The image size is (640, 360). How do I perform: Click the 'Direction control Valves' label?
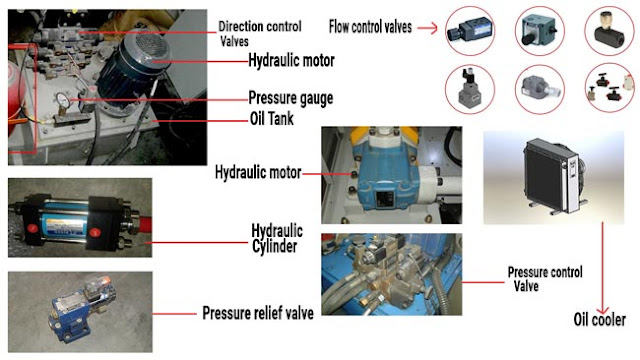(x=260, y=33)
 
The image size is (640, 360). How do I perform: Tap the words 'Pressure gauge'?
(x=291, y=98)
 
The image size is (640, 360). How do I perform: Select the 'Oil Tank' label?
(x=271, y=119)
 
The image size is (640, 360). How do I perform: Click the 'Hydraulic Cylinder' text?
(x=277, y=238)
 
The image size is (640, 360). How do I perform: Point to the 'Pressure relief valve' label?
(x=258, y=313)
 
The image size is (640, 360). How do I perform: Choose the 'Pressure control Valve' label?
(x=545, y=279)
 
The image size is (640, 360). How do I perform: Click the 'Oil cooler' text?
(x=599, y=320)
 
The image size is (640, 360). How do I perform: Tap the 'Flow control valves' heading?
(x=370, y=27)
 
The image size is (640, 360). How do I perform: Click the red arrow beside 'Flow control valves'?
(x=427, y=28)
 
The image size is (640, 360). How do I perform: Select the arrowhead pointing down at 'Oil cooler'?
(x=603, y=310)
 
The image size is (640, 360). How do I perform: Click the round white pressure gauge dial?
(x=62, y=100)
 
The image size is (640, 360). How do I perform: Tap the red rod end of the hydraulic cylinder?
(x=144, y=223)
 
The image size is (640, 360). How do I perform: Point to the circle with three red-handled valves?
(x=609, y=88)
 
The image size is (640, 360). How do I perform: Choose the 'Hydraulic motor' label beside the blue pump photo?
(x=258, y=172)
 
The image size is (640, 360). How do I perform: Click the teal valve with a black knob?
(x=539, y=31)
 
